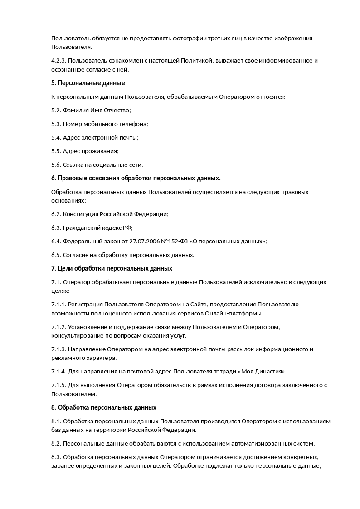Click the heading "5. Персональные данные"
[88, 83]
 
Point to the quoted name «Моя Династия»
[263, 372]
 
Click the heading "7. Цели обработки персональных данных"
[112, 268]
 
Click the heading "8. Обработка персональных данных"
[104, 407]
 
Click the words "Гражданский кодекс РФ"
[97, 228]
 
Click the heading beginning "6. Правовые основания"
[136, 178]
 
